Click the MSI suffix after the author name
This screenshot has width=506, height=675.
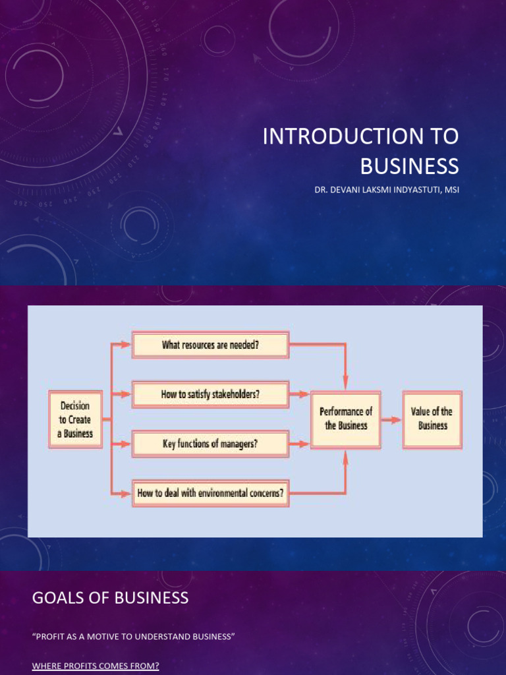pyautogui.click(x=451, y=191)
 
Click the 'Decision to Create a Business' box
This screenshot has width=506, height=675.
pyautogui.click(x=75, y=419)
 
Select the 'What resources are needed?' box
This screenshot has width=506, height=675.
pyautogui.click(x=210, y=345)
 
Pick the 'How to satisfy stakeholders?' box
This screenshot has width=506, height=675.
pyautogui.click(x=210, y=395)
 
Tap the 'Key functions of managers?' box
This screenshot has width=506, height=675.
pyautogui.click(x=210, y=444)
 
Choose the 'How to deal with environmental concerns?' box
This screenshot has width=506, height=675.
pyautogui.click(x=210, y=493)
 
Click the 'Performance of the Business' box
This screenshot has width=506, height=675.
pyautogui.click(x=346, y=419)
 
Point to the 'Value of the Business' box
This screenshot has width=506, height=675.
pyautogui.click(x=432, y=419)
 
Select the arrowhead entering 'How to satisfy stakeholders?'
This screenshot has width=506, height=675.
pyautogui.click(x=126, y=395)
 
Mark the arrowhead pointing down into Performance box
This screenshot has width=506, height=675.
pyautogui.click(x=346, y=384)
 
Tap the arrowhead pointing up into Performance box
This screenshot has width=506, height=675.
pyautogui.click(x=346, y=454)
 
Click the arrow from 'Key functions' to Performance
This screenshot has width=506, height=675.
pyautogui.click(x=299, y=444)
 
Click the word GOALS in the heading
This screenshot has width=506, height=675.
pyautogui.click(x=55, y=598)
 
